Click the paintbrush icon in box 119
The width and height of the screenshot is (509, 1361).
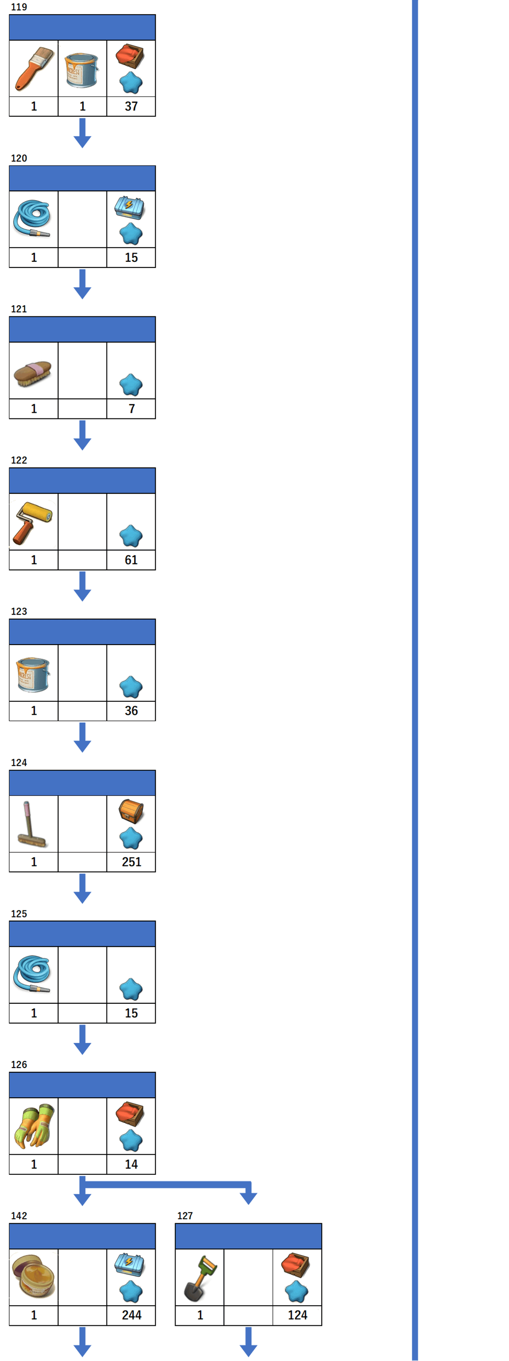click(x=34, y=69)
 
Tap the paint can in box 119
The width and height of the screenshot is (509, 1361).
click(x=82, y=70)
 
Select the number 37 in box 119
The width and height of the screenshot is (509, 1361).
click(x=131, y=106)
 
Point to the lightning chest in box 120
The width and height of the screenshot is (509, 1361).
click(x=130, y=207)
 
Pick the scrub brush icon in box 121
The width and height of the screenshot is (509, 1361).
click(x=33, y=373)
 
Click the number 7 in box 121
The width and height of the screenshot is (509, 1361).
click(x=132, y=408)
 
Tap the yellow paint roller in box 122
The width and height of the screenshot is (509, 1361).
click(x=33, y=522)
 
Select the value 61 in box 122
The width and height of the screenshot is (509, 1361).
click(x=131, y=560)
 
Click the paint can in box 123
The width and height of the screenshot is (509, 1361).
click(x=33, y=674)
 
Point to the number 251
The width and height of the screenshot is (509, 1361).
click(x=132, y=862)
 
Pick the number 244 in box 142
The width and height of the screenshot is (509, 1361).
click(x=132, y=1315)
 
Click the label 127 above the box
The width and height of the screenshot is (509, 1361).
click(x=185, y=1216)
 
